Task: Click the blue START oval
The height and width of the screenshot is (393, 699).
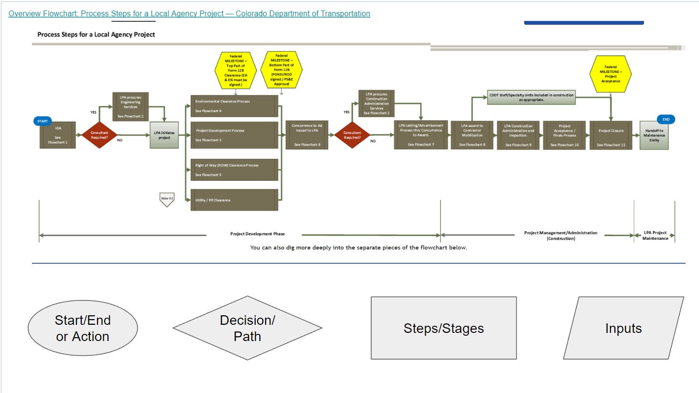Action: click(43, 121)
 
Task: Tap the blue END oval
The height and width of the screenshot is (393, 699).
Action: click(666, 119)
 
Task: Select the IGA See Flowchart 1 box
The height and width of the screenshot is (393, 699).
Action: click(58, 135)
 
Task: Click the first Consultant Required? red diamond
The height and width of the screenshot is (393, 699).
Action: click(99, 135)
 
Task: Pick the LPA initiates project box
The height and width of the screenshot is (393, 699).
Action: click(164, 135)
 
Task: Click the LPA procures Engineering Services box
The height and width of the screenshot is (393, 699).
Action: click(130, 106)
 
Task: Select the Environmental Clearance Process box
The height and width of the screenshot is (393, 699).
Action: click(234, 106)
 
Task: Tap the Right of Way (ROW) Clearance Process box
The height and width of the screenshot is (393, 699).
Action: click(234, 170)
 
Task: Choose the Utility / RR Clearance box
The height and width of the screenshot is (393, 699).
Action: click(234, 200)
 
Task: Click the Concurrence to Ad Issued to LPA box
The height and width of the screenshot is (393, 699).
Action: click(307, 135)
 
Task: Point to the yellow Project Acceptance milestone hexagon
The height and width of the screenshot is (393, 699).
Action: click(611, 74)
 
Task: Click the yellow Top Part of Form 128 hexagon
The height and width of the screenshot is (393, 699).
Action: click(236, 71)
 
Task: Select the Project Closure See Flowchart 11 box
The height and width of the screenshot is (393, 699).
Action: click(611, 135)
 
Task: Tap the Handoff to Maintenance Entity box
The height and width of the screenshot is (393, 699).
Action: click(654, 135)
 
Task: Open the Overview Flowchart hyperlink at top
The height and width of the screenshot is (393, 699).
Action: click(189, 13)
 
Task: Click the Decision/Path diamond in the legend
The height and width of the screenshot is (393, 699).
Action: click(247, 328)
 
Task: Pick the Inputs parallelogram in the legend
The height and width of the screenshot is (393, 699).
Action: click(624, 328)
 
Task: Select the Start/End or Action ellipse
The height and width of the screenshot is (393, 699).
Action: click(83, 328)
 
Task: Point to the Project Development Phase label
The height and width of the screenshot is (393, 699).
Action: click(258, 234)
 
